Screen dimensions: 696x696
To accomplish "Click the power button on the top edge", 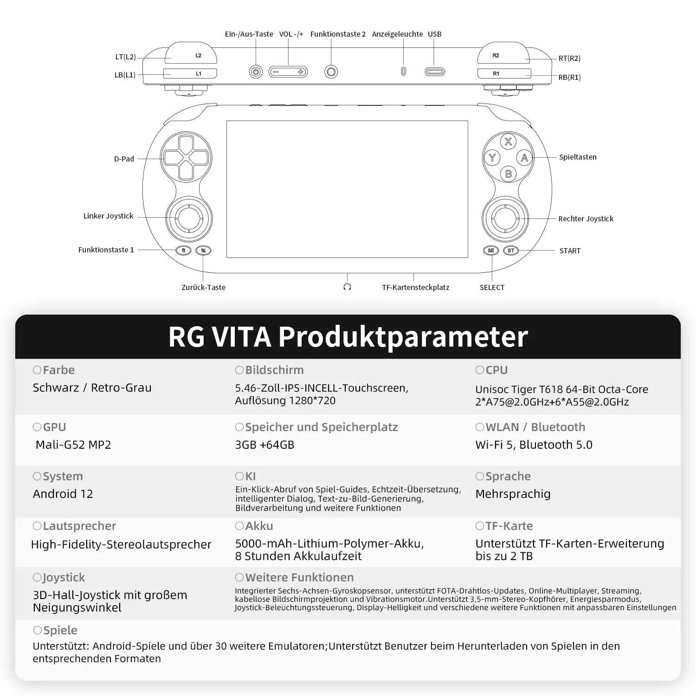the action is point(256,72).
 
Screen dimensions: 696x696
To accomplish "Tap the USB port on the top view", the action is point(435,72).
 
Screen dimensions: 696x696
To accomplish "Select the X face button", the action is point(509,142).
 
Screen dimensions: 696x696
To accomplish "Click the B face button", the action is point(509,174).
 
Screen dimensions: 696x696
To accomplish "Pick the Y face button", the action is point(492,158).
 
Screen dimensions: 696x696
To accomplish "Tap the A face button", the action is point(524,158).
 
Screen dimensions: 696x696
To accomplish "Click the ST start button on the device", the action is point(511,251).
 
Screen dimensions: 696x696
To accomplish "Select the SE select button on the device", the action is point(491,251).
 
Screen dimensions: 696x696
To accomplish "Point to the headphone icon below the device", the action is point(347,287).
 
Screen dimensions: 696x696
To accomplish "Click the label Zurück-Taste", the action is point(203,287).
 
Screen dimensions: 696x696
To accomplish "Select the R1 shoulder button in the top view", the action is point(504,73).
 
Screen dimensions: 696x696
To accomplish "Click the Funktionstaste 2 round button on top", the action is point(331,72).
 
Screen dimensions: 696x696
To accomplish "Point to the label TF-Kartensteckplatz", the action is point(416,287).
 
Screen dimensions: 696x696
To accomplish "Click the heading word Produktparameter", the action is point(403,337).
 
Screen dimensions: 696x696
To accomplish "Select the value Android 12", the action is point(63,494).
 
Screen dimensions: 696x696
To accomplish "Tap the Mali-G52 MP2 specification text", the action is point(73,445).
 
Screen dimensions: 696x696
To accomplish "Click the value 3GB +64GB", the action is point(264,445).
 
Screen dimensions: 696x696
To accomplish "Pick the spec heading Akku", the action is point(259,526).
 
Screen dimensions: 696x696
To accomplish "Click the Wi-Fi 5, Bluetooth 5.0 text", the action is point(534,445).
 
